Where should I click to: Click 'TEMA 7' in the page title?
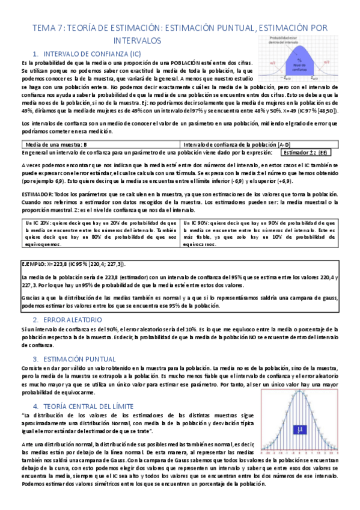[x=47, y=28]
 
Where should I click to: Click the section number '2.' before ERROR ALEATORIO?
[x=36, y=320]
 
